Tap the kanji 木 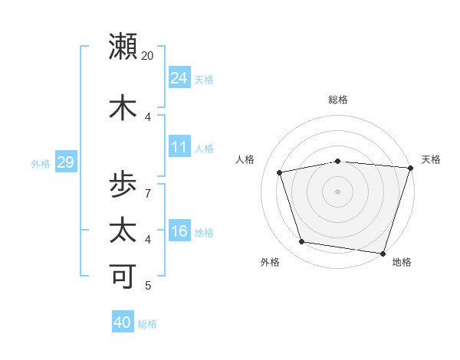tap(123, 107)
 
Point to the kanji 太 tap(123, 231)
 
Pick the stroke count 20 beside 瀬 tap(148, 56)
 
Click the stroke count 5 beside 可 tap(148, 286)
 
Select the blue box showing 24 tap(179, 78)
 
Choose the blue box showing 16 tap(179, 231)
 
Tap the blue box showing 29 tap(65, 162)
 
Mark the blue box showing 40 tap(123, 322)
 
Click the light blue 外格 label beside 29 tap(41, 163)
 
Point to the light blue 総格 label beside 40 tap(147, 324)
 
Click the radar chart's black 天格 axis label tap(431, 159)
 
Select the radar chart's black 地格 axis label tap(402, 262)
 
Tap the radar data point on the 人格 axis tap(280, 172)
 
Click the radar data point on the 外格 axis tap(302, 242)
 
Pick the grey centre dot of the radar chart tap(337, 191)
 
